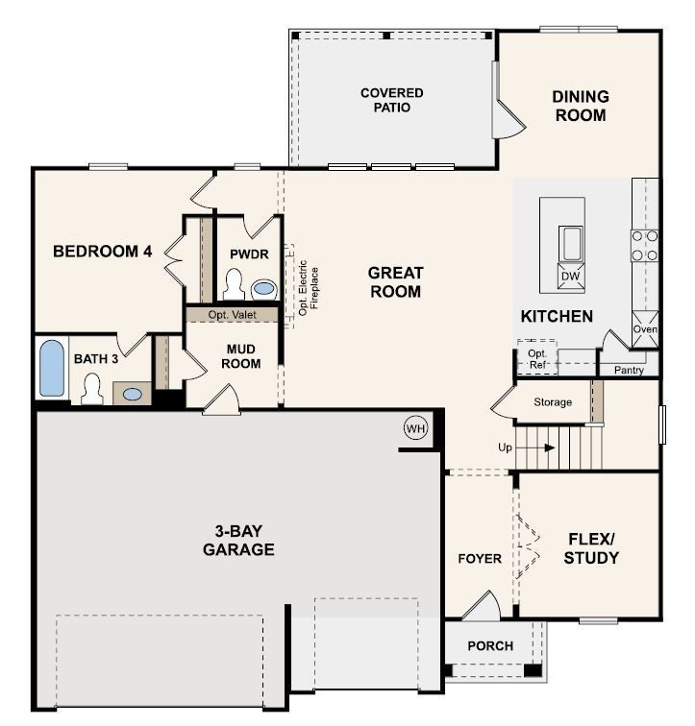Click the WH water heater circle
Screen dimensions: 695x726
(415, 428)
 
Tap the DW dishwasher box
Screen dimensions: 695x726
(571, 276)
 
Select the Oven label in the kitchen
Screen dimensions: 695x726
(645, 328)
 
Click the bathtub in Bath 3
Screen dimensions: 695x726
(52, 368)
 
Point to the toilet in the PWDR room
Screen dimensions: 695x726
(234, 284)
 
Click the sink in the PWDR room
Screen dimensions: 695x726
(264, 289)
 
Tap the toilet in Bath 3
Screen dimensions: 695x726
(91, 389)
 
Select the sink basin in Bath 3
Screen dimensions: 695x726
(133, 394)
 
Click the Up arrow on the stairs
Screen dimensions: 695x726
(534, 448)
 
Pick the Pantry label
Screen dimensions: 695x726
(629, 370)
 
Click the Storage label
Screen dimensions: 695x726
(553, 401)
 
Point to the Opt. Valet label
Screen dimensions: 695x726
(232, 315)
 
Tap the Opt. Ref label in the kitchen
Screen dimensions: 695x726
(537, 359)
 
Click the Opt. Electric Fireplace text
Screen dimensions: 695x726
(309, 287)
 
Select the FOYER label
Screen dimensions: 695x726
(480, 559)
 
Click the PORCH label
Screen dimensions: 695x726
(490, 646)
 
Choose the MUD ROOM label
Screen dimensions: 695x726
(240, 356)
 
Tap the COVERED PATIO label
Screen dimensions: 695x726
(392, 100)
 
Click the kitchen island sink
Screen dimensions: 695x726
(571, 244)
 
